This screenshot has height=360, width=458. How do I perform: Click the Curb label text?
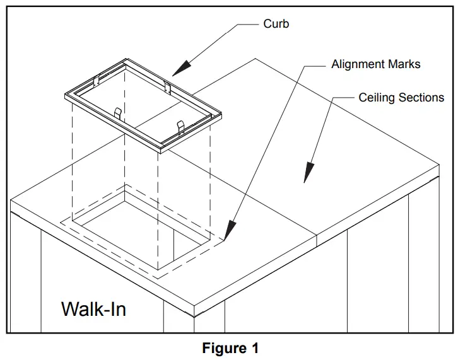[276, 25]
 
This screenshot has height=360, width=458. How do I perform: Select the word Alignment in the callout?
[357, 64]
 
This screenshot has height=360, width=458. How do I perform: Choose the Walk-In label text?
[93, 309]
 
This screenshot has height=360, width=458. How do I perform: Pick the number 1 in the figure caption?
[254, 348]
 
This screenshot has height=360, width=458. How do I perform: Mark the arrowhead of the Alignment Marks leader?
[229, 233]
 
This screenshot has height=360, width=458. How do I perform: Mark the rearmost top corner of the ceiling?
[255, 59]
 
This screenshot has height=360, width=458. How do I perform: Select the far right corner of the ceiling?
[439, 165]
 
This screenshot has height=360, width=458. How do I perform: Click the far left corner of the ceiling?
[11, 200]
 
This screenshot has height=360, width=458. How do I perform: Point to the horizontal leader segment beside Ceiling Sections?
[341, 98]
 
